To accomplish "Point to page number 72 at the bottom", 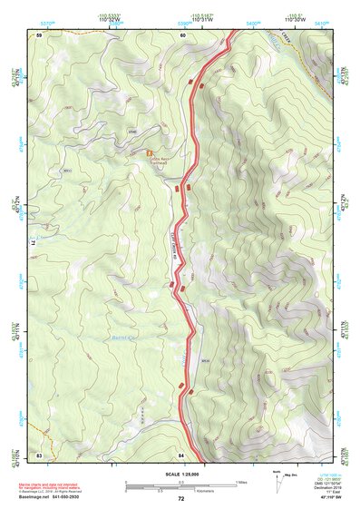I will point(180,498).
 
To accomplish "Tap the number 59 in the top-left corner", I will point(39,34).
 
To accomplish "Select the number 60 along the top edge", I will point(182,34).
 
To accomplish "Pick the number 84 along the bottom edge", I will point(181,453).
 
